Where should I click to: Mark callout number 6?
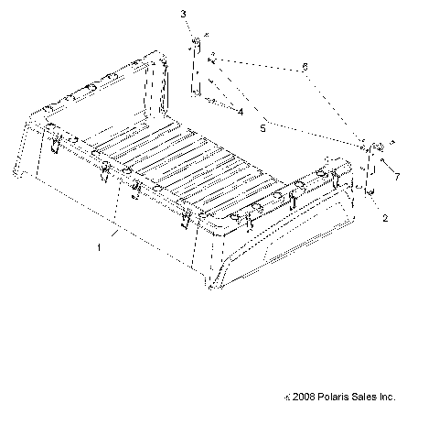(305, 67)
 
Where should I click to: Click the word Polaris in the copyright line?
(331, 398)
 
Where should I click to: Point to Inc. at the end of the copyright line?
(388, 398)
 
